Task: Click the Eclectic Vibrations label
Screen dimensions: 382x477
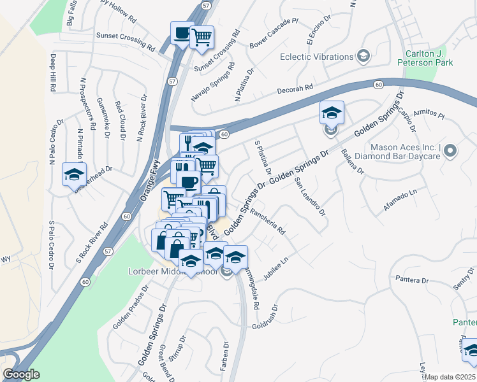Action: (x=317, y=57)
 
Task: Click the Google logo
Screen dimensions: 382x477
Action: (x=22, y=374)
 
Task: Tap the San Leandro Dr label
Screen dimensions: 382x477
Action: (x=310, y=195)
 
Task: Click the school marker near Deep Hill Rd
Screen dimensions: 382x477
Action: (x=74, y=174)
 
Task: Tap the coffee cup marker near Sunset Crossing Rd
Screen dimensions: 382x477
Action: (x=182, y=33)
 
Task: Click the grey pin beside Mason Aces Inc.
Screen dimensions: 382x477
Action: (x=451, y=151)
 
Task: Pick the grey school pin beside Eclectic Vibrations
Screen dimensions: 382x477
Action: (x=363, y=57)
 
